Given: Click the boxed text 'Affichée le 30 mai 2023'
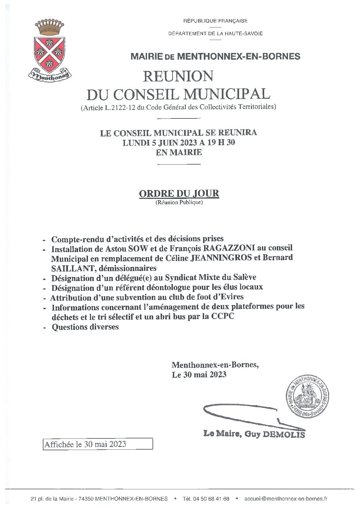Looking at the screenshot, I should pyautogui.click(x=98, y=444).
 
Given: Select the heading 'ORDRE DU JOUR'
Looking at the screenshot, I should pyautogui.click(x=179, y=193).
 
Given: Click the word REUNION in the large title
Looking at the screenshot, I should pyautogui.click(x=178, y=76).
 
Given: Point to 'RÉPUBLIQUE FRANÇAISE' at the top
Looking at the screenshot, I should pyautogui.click(x=216, y=21).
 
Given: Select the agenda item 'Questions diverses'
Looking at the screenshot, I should pyautogui.click(x=85, y=327).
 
